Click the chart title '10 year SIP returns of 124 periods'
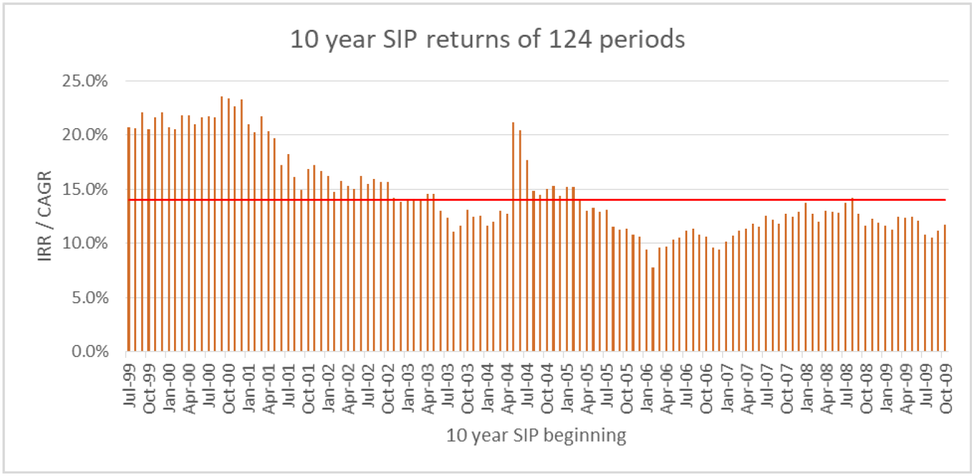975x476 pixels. [x=487, y=39]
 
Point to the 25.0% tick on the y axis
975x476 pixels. [x=85, y=81]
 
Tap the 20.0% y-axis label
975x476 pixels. [x=85, y=135]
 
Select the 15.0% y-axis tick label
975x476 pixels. [x=85, y=189]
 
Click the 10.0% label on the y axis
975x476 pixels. [x=85, y=243]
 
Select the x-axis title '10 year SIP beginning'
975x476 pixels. [x=536, y=435]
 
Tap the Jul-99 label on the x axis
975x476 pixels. [x=129, y=385]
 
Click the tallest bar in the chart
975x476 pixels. [x=222, y=224]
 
